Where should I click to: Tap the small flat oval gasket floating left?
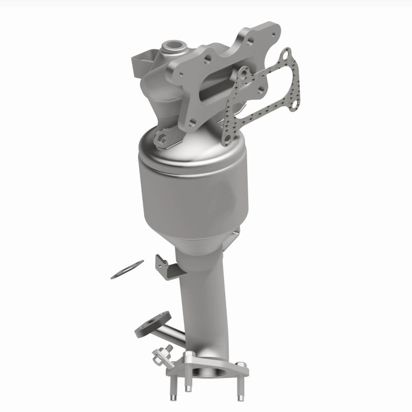pos(127,270)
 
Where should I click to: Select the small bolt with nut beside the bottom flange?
pos(161,356)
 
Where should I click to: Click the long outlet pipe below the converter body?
pos(203,299)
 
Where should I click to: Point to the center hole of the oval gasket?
pos(127,270)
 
